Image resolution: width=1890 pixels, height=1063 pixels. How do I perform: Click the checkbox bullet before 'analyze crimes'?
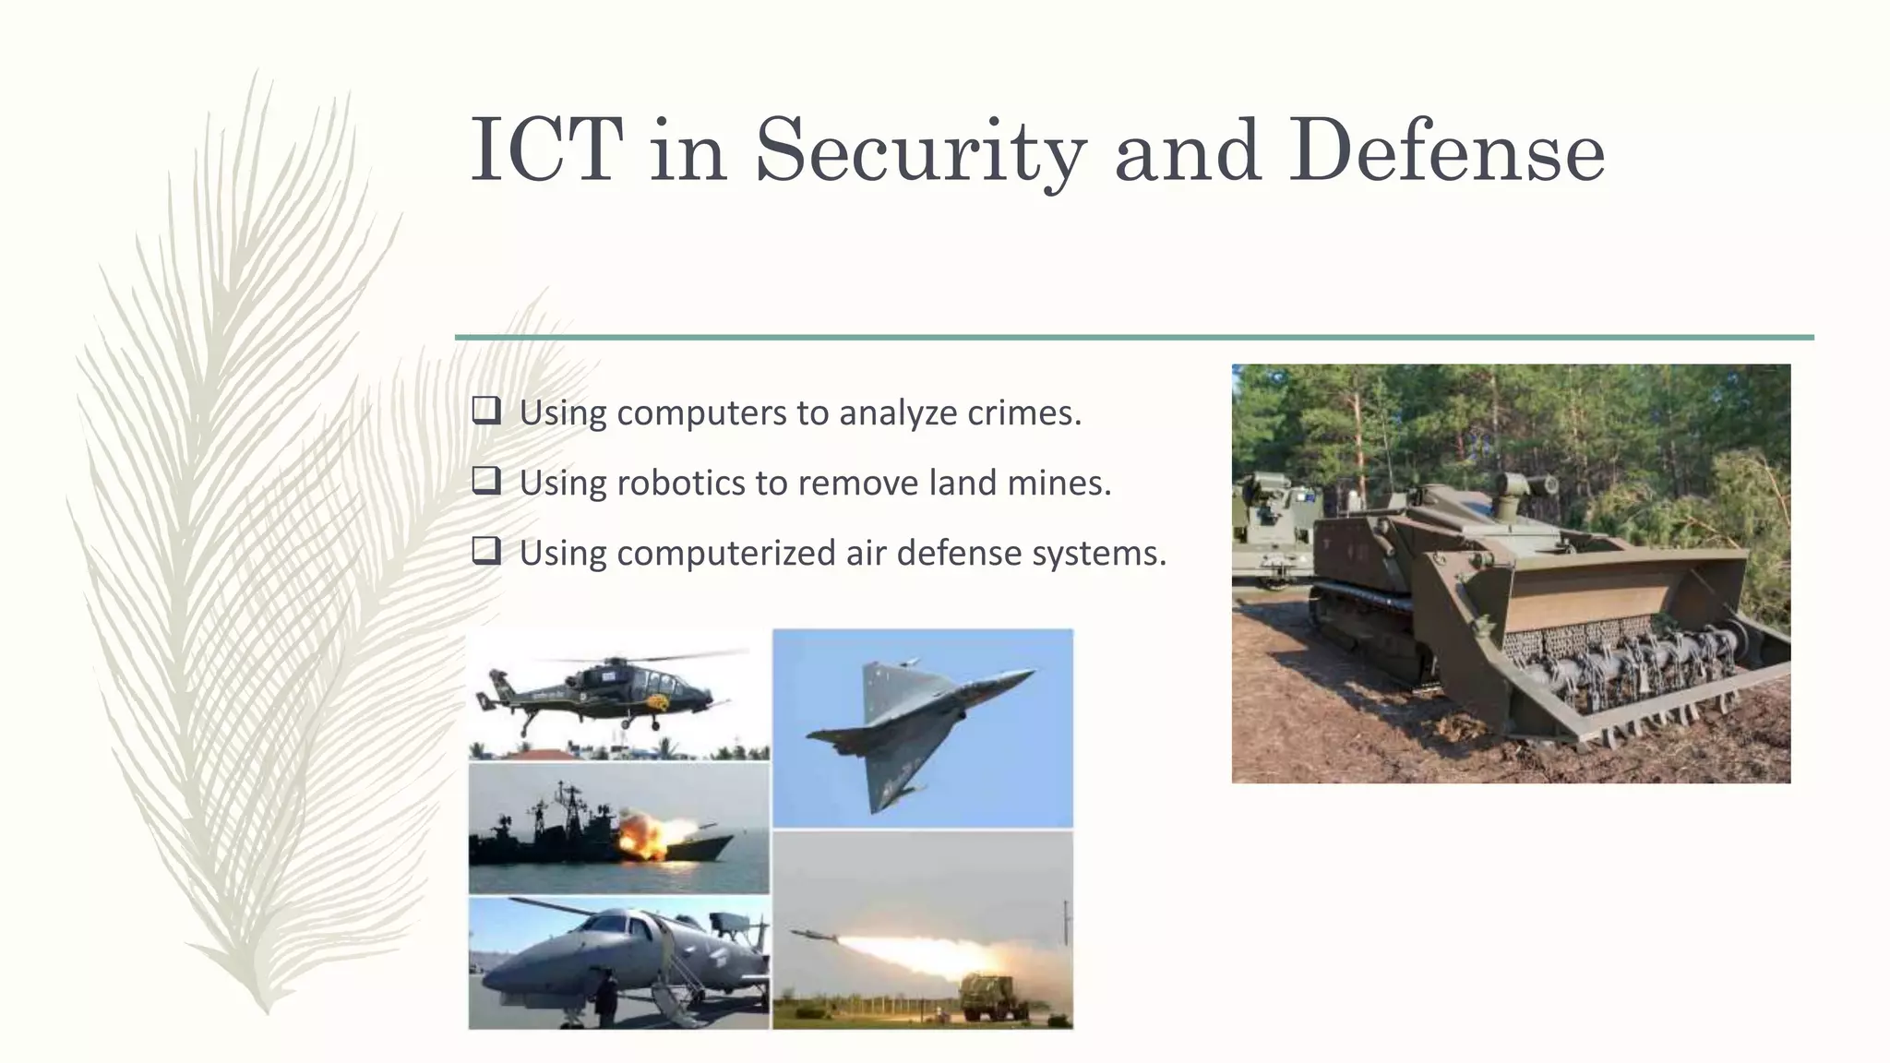[486, 410]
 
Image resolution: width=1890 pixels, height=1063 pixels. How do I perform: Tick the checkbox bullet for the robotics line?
[486, 480]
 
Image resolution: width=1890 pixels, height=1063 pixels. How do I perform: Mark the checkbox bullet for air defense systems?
[486, 551]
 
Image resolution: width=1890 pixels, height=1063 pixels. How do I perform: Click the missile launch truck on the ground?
[987, 997]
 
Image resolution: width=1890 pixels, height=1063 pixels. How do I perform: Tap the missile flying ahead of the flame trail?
[813, 936]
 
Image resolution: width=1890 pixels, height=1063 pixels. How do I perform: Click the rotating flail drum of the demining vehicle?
[1624, 651]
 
